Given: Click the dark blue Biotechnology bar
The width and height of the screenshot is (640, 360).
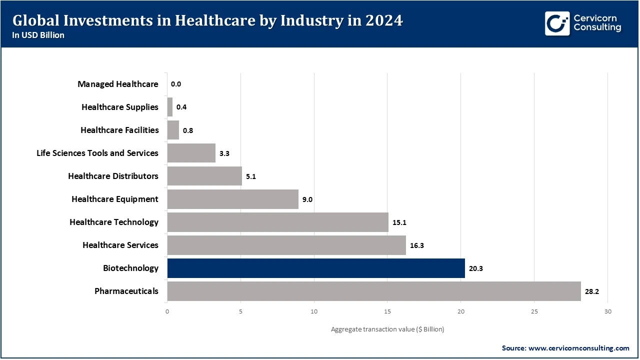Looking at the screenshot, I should tap(316, 268).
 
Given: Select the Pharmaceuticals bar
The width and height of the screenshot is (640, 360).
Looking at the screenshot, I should tap(374, 291).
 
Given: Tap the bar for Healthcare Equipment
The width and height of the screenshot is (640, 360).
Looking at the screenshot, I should tap(232, 199).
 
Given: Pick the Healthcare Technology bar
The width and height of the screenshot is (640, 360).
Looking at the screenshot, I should tap(277, 222).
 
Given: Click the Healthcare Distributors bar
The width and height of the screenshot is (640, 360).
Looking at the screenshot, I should tap(204, 176).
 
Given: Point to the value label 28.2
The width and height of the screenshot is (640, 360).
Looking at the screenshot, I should tap(592, 291).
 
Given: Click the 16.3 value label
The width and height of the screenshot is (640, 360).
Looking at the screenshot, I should tap(416, 245).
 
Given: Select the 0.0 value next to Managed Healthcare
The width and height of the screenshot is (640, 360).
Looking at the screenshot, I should tap(175, 84).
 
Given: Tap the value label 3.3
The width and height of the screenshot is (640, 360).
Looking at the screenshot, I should tap(224, 153).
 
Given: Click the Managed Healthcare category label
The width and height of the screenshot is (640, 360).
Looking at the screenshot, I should tap(118, 84).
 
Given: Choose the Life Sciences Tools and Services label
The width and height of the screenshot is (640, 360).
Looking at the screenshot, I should tap(97, 153).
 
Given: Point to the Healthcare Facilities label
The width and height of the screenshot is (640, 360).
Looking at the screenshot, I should tap(119, 130).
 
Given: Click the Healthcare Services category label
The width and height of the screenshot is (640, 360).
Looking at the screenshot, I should tap(120, 245).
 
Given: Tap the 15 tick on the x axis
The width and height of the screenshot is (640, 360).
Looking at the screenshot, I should tap(387, 311).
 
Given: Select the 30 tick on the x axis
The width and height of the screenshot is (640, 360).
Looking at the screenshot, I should tap(607, 311).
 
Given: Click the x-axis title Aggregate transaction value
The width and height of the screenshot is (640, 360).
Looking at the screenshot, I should tap(387, 329).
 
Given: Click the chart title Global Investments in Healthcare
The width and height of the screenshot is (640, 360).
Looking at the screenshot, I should tap(207, 20).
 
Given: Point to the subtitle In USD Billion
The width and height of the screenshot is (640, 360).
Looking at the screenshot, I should tap(38, 35).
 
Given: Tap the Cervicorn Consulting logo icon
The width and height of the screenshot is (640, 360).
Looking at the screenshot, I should tap(557, 23).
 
